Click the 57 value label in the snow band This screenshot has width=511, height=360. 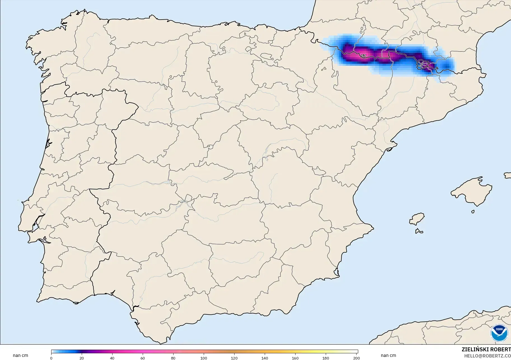(x=363, y=56)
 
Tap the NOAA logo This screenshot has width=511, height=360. (x=499, y=333)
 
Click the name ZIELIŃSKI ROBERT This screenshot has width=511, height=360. (x=486, y=349)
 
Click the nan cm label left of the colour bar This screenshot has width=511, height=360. (x=20, y=356)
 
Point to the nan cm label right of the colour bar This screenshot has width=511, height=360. (x=388, y=356)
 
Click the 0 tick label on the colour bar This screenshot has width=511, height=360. (x=51, y=358)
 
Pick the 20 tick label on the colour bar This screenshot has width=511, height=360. (x=82, y=358)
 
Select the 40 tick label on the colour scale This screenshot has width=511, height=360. (x=112, y=358)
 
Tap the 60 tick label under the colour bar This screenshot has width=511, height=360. (x=143, y=358)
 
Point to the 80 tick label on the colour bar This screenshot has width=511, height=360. (x=173, y=358)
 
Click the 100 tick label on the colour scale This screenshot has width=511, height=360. (x=204, y=358)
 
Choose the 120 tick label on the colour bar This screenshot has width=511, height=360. (x=234, y=358)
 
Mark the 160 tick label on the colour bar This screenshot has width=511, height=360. (x=295, y=358)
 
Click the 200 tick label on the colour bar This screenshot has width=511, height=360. (x=356, y=358)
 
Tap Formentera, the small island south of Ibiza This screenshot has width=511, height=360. (x=419, y=231)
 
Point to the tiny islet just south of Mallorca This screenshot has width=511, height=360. (x=473, y=212)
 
